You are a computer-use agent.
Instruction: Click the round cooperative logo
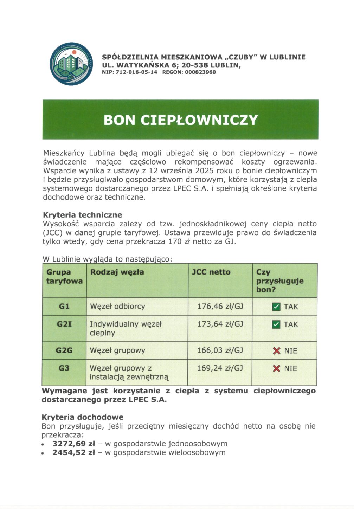point(71,64)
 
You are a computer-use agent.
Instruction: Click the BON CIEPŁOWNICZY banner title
point(180,120)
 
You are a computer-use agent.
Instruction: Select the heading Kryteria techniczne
point(82,215)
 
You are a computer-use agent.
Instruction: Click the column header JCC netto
point(211,272)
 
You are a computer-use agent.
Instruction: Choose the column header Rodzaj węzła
point(117,272)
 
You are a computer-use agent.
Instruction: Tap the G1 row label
point(64,307)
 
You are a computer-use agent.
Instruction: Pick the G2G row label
point(64,350)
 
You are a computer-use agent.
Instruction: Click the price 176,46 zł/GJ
point(220,307)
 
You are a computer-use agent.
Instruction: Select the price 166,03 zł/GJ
point(220,350)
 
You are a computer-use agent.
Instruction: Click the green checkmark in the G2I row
point(276,324)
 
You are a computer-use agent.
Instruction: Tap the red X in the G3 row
point(277,368)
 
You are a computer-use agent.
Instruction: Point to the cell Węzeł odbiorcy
point(117,307)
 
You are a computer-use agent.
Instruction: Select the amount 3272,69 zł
point(73,444)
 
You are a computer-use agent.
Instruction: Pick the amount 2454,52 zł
point(73,452)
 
